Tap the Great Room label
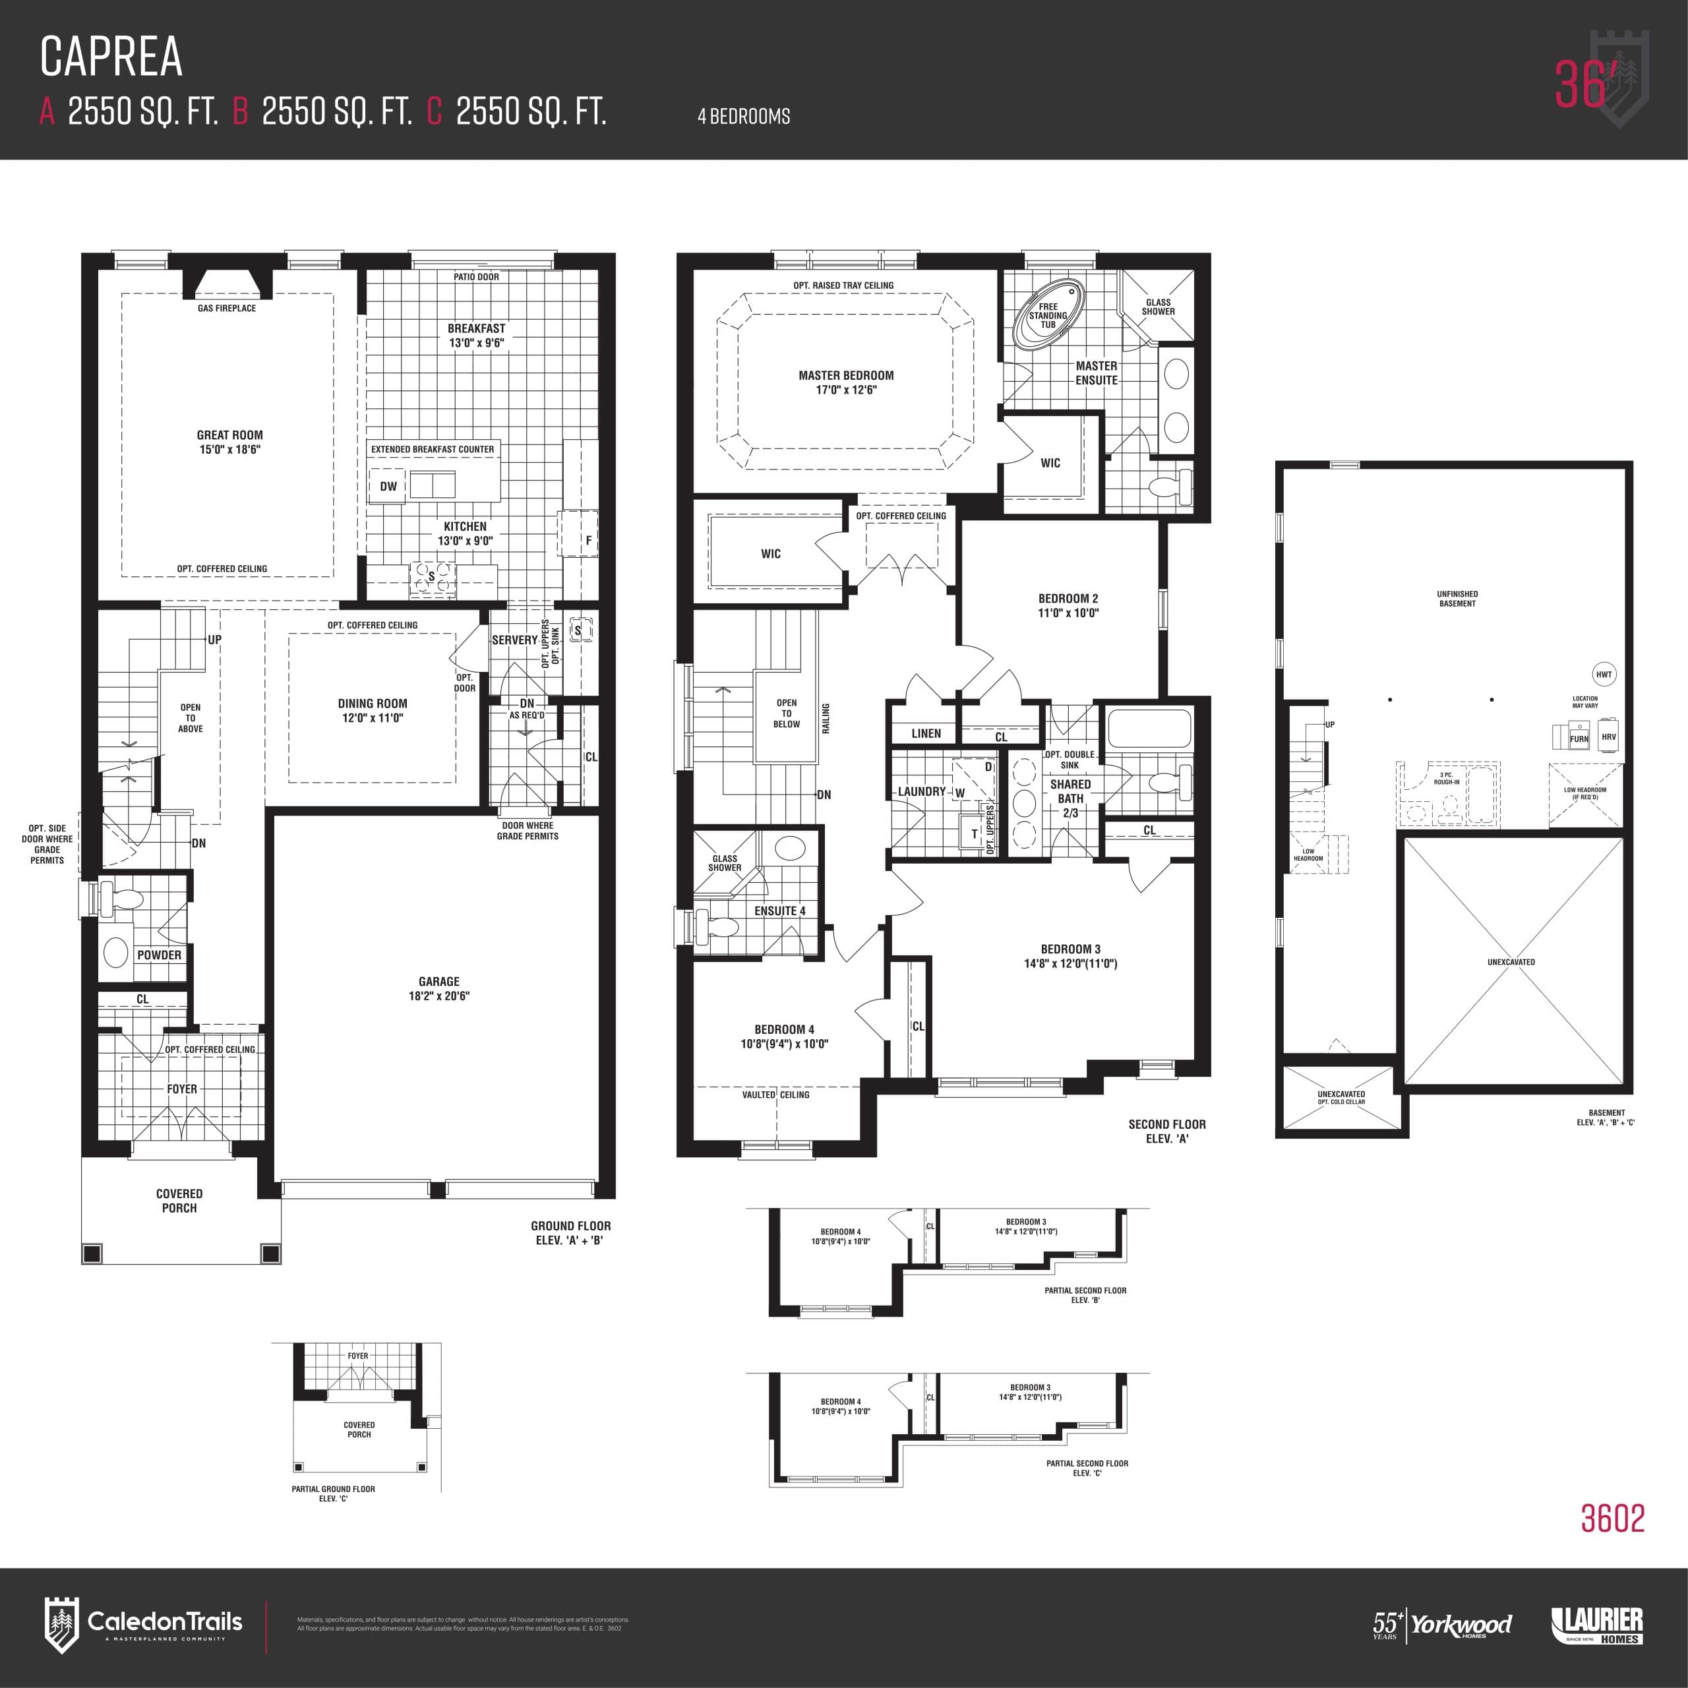[x=229, y=435]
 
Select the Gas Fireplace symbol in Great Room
[x=227, y=286]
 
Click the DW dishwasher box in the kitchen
[x=388, y=487]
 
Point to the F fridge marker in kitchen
[x=588, y=541]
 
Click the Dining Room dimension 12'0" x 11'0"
[x=372, y=718]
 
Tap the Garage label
[x=438, y=981]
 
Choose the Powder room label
[x=159, y=955]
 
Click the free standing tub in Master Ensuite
[x=1048, y=315]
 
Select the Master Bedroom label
[x=846, y=376]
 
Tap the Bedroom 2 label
[x=1068, y=599]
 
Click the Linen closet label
[x=926, y=734]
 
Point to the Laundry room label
[x=922, y=791]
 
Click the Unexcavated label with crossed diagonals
[x=1511, y=962]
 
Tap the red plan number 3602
[x=1612, y=1519]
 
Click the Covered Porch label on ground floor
[x=179, y=1201]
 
